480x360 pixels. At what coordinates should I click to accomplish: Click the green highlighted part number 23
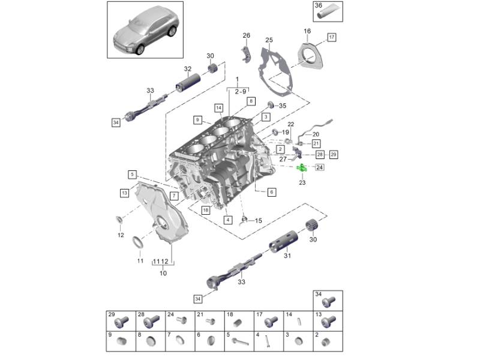302,168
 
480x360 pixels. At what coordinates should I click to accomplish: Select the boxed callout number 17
332,37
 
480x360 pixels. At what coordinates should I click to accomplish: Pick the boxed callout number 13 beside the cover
124,193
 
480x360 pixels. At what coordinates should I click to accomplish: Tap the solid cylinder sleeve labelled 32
188,82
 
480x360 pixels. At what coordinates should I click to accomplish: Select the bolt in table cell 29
122,322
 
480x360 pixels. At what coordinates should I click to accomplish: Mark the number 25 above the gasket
269,40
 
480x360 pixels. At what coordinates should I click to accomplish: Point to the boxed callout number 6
271,192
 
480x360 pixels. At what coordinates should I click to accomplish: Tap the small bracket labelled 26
246,55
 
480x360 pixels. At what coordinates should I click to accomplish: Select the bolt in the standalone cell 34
329,302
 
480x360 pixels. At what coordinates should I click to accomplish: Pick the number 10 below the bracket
163,273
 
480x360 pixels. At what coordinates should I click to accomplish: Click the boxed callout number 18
206,210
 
